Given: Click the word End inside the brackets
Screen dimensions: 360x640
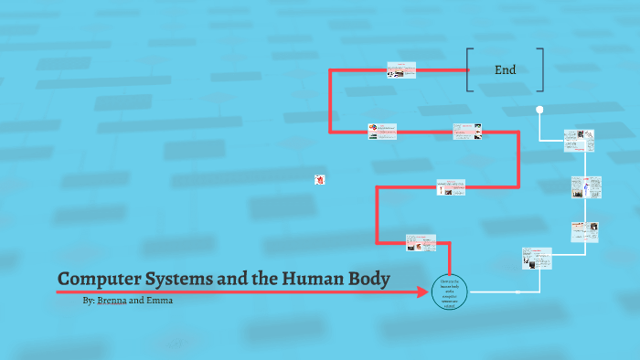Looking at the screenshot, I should coord(505,69).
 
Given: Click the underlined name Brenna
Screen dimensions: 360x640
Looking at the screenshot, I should coord(112,300).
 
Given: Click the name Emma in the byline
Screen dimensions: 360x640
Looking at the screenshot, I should coord(159,300).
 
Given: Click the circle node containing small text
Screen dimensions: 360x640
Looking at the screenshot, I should coord(451,291).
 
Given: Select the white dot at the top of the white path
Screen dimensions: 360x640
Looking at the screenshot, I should coord(539,111).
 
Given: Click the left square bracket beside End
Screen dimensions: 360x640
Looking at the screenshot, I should coord(469,69).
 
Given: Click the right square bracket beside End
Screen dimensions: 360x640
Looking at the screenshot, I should coord(541,69).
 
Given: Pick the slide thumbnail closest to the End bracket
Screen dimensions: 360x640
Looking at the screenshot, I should coord(400,70).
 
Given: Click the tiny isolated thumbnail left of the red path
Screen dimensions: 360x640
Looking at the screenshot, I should coord(319,180).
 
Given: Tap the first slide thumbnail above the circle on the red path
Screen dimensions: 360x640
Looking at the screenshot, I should coord(421,243).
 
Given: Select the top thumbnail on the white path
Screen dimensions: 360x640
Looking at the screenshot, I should coord(579,140).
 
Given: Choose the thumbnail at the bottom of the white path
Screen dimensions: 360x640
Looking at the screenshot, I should coord(537,258).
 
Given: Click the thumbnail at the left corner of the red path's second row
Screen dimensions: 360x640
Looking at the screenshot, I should coord(383,132).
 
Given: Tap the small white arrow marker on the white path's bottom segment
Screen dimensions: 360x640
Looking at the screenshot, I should coord(517,292).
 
